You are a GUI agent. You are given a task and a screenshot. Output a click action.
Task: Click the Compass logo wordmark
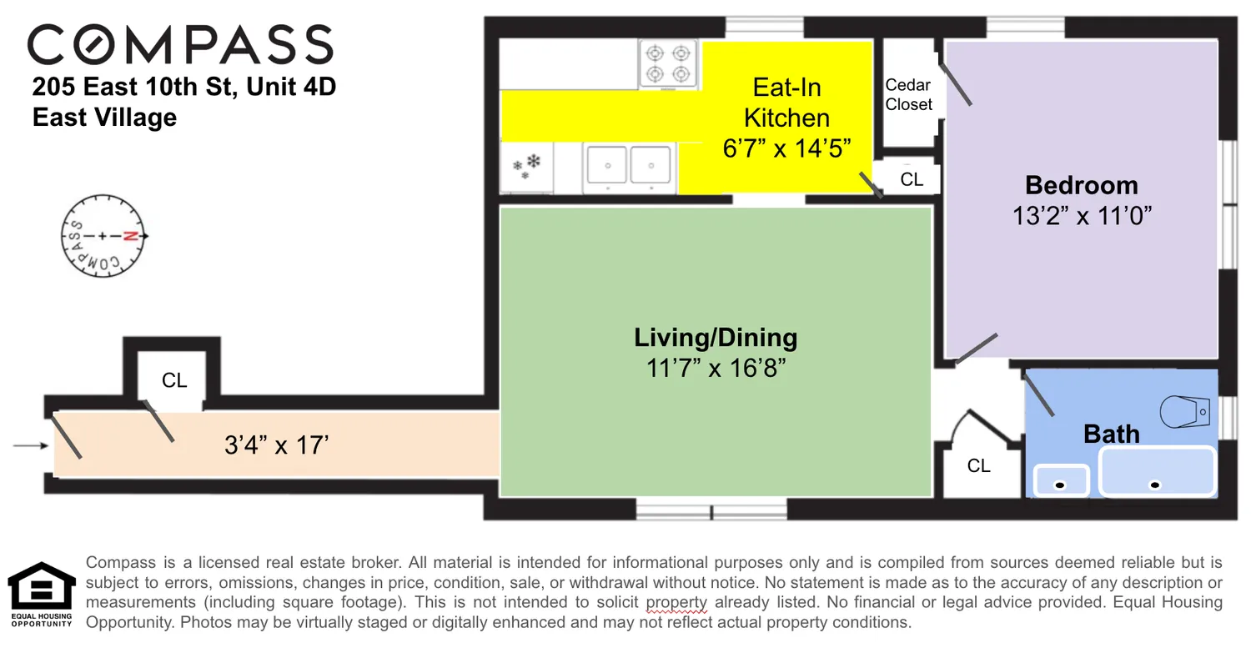tap(180, 45)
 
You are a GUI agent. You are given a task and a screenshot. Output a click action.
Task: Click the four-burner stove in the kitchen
tap(669, 64)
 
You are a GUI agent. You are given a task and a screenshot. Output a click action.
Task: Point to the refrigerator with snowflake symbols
tap(526, 167)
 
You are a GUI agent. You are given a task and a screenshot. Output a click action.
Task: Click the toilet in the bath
tap(1185, 410)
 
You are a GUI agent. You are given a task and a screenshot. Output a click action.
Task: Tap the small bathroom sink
tap(1061, 480)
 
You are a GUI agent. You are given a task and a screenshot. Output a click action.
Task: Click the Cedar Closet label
tap(908, 95)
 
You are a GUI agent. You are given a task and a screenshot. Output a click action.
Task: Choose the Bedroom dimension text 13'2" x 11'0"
tap(1082, 216)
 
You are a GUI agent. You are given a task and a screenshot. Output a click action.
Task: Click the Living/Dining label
tap(716, 338)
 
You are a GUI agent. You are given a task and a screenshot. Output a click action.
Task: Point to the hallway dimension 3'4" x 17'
tap(277, 445)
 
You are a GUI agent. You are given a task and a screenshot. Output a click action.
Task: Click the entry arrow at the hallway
tap(30, 445)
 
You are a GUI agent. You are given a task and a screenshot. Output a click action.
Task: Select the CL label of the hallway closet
tap(174, 380)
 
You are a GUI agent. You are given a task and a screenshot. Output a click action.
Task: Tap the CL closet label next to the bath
tap(978, 465)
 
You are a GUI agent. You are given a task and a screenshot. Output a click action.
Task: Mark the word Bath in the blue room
tap(1111, 434)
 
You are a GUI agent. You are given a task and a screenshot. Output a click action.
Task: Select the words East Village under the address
tap(104, 118)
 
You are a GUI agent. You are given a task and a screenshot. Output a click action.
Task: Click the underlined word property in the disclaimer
tap(676, 602)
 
